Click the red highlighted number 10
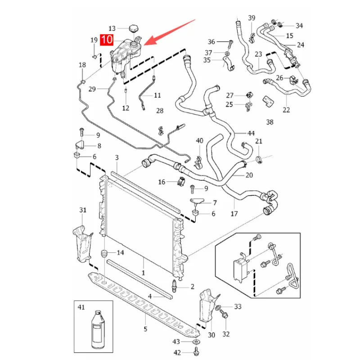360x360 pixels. tap(107, 40)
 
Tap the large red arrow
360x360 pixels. tap(170, 32)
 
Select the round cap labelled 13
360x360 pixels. tap(133, 29)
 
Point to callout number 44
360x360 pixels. tap(251, 133)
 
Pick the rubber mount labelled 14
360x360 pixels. tap(104, 254)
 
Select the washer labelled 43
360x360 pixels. tap(196, 342)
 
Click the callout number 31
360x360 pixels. tap(83, 210)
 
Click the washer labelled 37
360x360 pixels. tap(227, 54)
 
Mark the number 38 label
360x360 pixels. tap(270, 122)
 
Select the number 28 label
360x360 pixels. tap(160, 111)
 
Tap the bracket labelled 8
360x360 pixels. tap(80, 145)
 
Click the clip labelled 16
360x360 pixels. tap(181, 181)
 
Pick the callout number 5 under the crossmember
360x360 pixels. tap(145, 329)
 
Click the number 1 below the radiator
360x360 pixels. tap(143, 273)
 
